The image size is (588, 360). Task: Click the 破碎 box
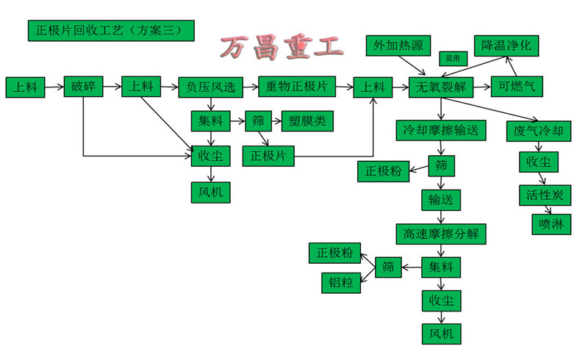[x=83, y=87]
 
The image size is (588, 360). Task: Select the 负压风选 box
[x=211, y=87]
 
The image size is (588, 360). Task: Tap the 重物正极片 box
[x=295, y=87]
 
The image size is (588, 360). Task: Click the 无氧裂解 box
[x=440, y=87]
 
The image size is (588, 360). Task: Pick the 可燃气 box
[x=517, y=87]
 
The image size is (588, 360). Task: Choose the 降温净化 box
[x=506, y=45]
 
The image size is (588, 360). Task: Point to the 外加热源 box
[x=398, y=46]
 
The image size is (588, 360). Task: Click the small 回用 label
[x=453, y=57]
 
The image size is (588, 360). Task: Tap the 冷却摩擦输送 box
[x=441, y=131]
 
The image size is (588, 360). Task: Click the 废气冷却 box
[x=539, y=132]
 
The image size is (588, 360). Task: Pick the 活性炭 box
[x=545, y=195]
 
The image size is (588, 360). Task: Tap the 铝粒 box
[x=341, y=283]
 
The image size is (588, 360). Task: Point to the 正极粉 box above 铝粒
[x=335, y=253]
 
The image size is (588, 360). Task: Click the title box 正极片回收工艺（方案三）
[x=111, y=31]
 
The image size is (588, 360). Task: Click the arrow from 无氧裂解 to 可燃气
[x=481, y=87]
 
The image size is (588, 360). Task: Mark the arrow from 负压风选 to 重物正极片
[x=250, y=87]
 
